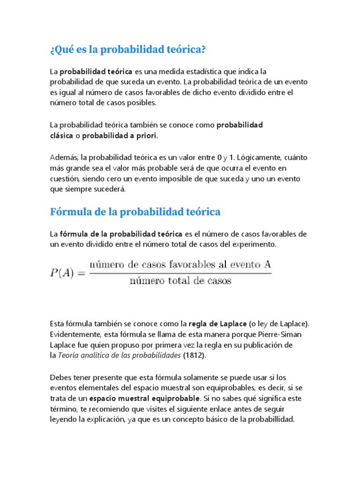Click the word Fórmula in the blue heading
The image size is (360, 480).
[70, 212]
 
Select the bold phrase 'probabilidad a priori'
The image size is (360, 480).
[120, 135]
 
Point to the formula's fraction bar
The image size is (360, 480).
[180, 274]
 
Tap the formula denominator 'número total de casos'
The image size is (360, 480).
[180, 282]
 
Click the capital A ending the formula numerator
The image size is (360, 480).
[267, 265]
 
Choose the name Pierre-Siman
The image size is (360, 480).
[280, 334]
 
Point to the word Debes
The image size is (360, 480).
[61, 377]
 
